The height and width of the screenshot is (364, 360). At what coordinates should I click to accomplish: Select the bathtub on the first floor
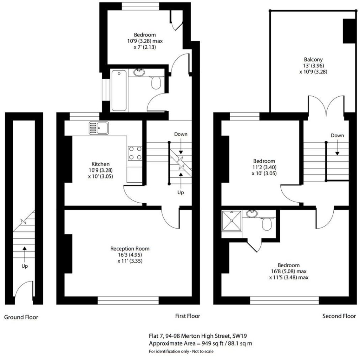(118, 90)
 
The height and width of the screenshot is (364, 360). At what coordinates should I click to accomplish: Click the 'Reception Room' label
(130, 248)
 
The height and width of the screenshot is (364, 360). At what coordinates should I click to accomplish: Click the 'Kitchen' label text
(100, 164)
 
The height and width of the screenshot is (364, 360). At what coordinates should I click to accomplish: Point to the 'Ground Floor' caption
(21, 317)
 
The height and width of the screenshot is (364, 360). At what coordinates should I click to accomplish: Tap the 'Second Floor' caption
(339, 316)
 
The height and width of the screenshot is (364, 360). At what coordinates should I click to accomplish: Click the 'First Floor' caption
(187, 316)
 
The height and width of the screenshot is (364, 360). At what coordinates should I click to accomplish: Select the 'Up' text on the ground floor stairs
(24, 266)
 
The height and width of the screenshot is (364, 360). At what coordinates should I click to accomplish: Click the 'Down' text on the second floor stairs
(337, 135)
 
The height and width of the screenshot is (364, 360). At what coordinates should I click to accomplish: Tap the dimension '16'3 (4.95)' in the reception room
(130, 255)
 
